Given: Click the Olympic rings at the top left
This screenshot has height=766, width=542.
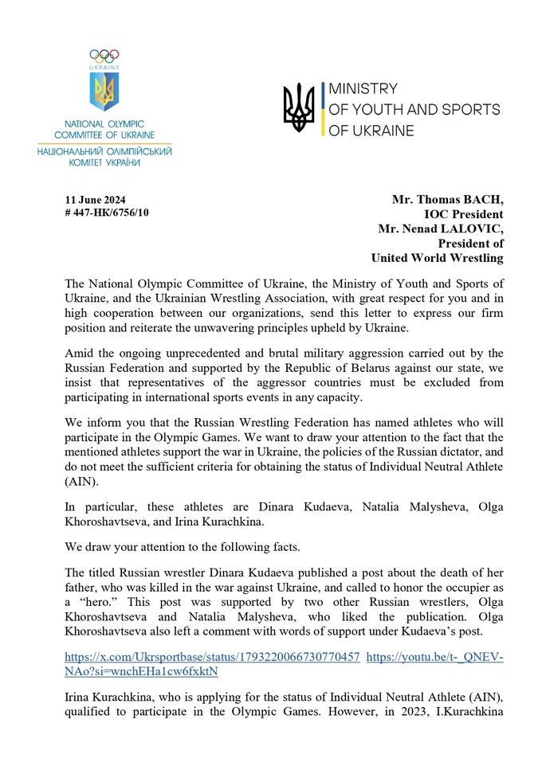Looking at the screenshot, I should pyautogui.click(x=104, y=55).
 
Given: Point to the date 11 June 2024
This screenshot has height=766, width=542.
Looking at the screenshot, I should pyautogui.click(x=95, y=200).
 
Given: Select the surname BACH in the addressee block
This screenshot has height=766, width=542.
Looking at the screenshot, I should pyautogui.click(x=480, y=200).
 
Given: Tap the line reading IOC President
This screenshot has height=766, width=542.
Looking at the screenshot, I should pyautogui.click(x=463, y=214).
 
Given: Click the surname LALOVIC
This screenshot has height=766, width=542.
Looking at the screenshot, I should pyautogui.click(x=472, y=229).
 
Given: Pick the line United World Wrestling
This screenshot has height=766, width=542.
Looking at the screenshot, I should pyautogui.click(x=437, y=257).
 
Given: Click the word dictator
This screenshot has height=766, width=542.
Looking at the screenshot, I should pyautogui.click(x=385, y=451).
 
